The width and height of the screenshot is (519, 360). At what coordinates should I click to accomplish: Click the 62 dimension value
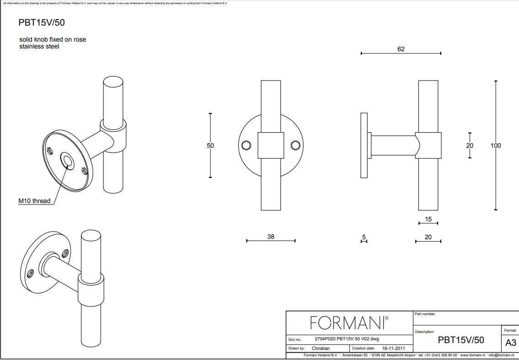(x=401, y=49)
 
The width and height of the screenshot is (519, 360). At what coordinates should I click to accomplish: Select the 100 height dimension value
(x=496, y=145)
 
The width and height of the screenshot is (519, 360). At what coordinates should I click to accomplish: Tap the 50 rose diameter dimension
(x=210, y=145)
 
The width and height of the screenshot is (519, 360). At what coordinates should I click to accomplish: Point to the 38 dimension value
(x=271, y=236)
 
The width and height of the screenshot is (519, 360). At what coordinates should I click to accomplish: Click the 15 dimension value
(x=428, y=219)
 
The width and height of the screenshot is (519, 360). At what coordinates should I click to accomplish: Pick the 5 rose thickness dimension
(x=364, y=237)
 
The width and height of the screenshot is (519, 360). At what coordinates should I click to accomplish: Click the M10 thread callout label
(x=34, y=201)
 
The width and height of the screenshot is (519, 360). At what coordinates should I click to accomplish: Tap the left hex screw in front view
(x=246, y=145)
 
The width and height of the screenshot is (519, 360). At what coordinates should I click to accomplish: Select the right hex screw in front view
(x=295, y=145)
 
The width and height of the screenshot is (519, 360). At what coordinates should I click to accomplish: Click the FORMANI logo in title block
(x=349, y=322)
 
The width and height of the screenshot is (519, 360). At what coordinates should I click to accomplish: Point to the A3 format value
(x=510, y=343)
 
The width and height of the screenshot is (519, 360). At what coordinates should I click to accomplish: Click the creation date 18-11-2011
(x=393, y=349)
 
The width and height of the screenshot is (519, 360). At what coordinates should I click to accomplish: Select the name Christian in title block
(x=321, y=349)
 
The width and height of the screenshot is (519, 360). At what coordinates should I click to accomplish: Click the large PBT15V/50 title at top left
(x=41, y=22)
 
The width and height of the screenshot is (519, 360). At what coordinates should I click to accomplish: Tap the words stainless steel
(x=39, y=46)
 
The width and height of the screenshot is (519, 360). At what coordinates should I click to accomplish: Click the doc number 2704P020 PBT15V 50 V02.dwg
(x=347, y=339)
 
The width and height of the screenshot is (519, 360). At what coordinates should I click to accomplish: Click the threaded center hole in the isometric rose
(x=68, y=161)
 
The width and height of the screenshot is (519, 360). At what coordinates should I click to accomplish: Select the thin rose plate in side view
(x=364, y=145)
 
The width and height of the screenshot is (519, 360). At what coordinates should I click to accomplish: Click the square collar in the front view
(x=271, y=145)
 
